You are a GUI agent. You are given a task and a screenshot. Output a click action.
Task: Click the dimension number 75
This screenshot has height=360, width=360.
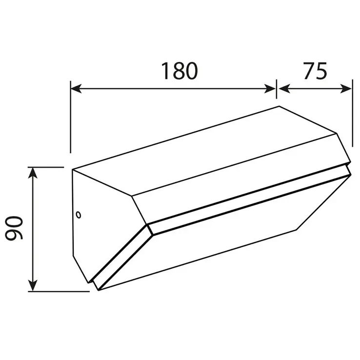pos(315,71)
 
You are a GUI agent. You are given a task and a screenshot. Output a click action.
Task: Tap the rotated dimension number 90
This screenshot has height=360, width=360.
pos(15,229)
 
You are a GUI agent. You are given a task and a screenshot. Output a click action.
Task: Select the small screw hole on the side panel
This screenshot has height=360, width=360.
pos(78,213)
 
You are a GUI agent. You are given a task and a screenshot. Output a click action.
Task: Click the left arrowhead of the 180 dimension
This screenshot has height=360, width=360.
pos(75,88)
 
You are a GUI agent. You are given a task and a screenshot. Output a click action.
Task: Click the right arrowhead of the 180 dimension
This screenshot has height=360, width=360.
pos(272,88)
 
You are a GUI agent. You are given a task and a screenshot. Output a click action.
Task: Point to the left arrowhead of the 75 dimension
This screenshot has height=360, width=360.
pos(283,88)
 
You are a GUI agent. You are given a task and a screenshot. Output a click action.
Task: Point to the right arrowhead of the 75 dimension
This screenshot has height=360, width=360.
pos(347,88)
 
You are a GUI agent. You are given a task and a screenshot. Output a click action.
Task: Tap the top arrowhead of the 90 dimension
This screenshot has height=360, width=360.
pos(33,171)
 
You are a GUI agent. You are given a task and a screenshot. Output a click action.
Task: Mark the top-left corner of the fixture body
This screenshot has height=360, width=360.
pos(73,170)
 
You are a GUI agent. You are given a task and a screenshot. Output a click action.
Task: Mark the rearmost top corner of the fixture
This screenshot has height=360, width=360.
pos(279,106)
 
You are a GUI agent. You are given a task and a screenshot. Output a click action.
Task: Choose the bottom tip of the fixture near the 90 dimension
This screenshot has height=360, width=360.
pos(98,290)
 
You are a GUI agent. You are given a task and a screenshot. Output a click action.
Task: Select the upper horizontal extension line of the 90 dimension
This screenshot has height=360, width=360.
pos(46,167)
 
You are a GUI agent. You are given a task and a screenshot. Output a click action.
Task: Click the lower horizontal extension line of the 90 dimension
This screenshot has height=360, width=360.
pos(59,292)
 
